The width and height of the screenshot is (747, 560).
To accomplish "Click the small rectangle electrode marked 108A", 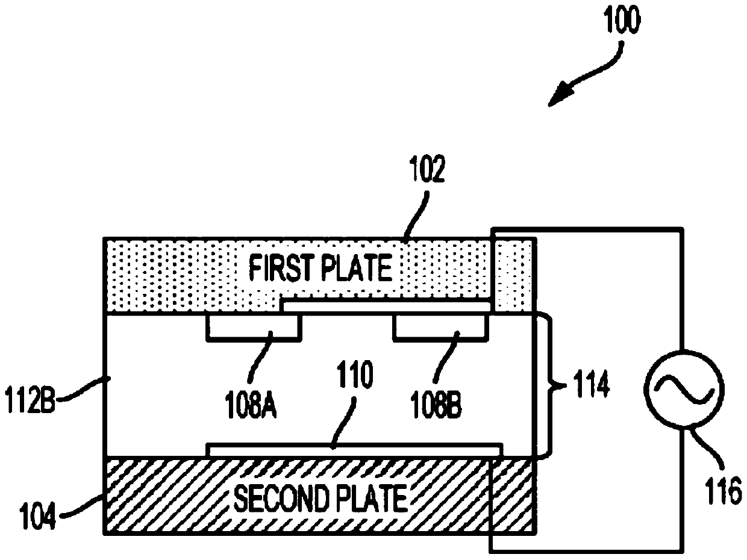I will pyautogui.click(x=253, y=326).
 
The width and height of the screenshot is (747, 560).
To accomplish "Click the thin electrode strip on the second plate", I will pyautogui.click(x=354, y=449).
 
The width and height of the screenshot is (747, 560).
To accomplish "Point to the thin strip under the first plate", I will pyautogui.click(x=386, y=307).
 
